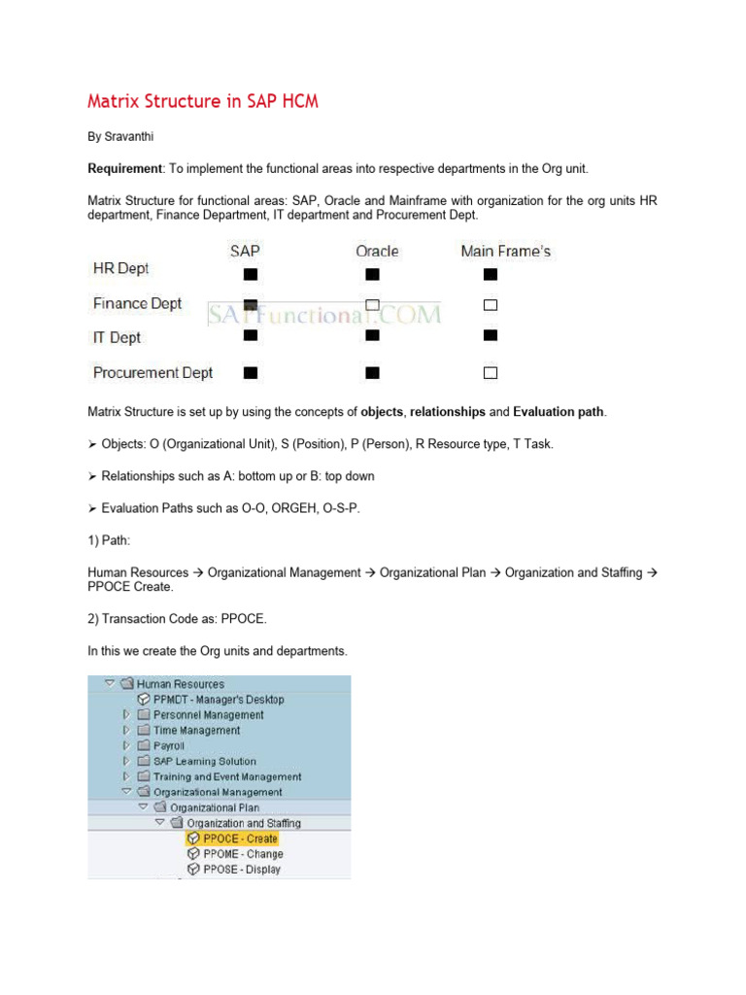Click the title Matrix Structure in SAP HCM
pyautogui.click(x=203, y=101)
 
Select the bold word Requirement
pyautogui.click(x=124, y=168)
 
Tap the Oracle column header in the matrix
pyautogui.click(x=377, y=251)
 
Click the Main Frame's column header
pyautogui.click(x=505, y=251)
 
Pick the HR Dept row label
pyautogui.click(x=120, y=268)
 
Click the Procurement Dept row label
pyautogui.click(x=153, y=372)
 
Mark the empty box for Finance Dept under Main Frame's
pyautogui.click(x=491, y=305)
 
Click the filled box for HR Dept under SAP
pyautogui.click(x=251, y=274)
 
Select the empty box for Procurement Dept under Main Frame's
pyautogui.click(x=491, y=372)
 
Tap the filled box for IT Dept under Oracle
pyautogui.click(x=372, y=335)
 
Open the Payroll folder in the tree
pyautogui.click(x=168, y=745)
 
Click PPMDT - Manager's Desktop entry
pyautogui.click(x=218, y=699)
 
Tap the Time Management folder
pyautogui.click(x=195, y=730)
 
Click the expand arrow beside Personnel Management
pyautogui.click(x=125, y=714)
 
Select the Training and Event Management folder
pyautogui.click(x=226, y=776)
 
